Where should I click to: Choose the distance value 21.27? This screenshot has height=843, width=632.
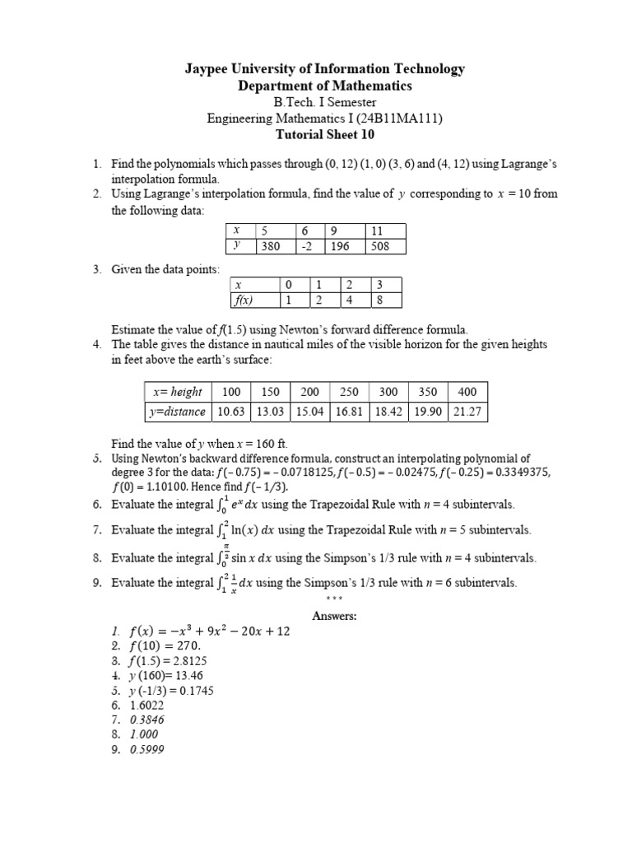(x=468, y=412)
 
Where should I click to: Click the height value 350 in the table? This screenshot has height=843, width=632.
(x=429, y=392)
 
